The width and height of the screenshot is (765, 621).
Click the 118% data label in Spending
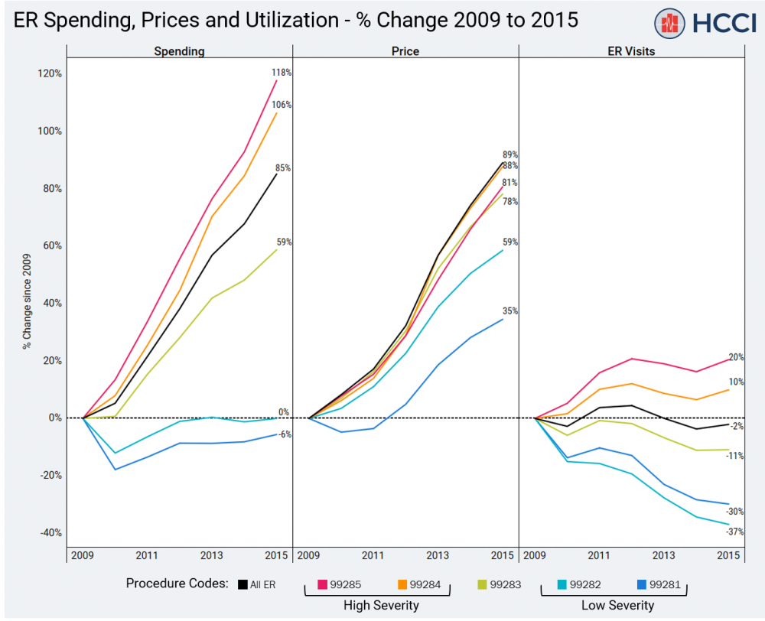point(282,73)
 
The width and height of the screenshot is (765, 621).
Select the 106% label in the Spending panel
point(282,105)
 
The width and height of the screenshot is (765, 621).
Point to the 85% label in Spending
point(282,168)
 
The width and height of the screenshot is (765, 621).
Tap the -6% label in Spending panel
point(284,434)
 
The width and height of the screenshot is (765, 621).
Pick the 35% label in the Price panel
point(509,311)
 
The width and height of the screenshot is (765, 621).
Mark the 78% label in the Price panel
point(509,202)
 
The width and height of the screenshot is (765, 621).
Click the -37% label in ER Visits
point(735,532)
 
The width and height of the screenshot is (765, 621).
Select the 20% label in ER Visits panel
point(736,357)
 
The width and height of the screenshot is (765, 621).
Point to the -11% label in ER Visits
point(735,456)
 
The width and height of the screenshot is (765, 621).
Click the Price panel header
point(405,51)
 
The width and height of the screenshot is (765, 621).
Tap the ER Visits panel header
point(632,51)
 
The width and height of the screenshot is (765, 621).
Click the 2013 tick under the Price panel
point(438,555)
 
